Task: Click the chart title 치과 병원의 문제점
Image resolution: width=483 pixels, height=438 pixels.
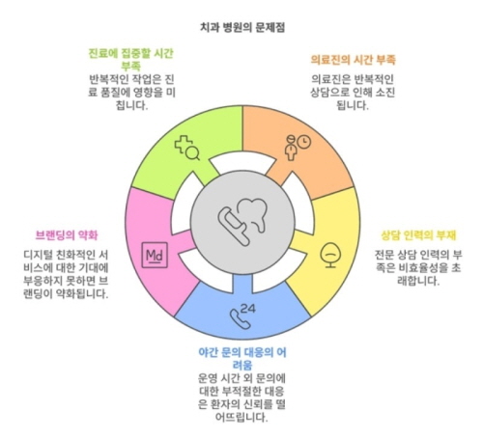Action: click(242, 28)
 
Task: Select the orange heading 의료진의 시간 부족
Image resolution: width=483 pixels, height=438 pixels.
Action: click(353, 60)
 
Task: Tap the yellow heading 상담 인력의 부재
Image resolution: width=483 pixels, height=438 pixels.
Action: click(418, 235)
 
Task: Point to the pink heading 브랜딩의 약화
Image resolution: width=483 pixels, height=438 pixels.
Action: click(67, 235)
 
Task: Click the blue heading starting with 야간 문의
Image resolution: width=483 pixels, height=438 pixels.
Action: click(242, 359)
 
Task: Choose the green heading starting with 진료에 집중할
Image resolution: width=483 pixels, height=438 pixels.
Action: click(131, 60)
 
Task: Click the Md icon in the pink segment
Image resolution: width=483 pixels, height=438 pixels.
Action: click(155, 255)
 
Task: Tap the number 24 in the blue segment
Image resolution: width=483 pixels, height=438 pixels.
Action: click(248, 309)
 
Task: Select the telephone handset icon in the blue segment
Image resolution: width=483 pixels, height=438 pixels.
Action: click(240, 319)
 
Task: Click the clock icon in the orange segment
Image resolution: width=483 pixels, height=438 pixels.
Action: click(304, 142)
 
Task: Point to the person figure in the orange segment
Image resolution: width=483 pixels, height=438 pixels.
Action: click(291, 149)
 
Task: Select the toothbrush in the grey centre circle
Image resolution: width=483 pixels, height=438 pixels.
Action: click(234, 227)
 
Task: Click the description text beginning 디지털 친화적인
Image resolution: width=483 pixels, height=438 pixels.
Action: click(66, 274)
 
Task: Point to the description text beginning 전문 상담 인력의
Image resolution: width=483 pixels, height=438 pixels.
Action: click(418, 268)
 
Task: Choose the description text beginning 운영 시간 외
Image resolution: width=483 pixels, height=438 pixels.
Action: click(242, 398)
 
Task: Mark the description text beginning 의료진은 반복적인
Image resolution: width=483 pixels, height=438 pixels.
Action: click(353, 93)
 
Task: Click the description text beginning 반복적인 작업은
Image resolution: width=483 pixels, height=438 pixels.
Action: click(131, 93)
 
